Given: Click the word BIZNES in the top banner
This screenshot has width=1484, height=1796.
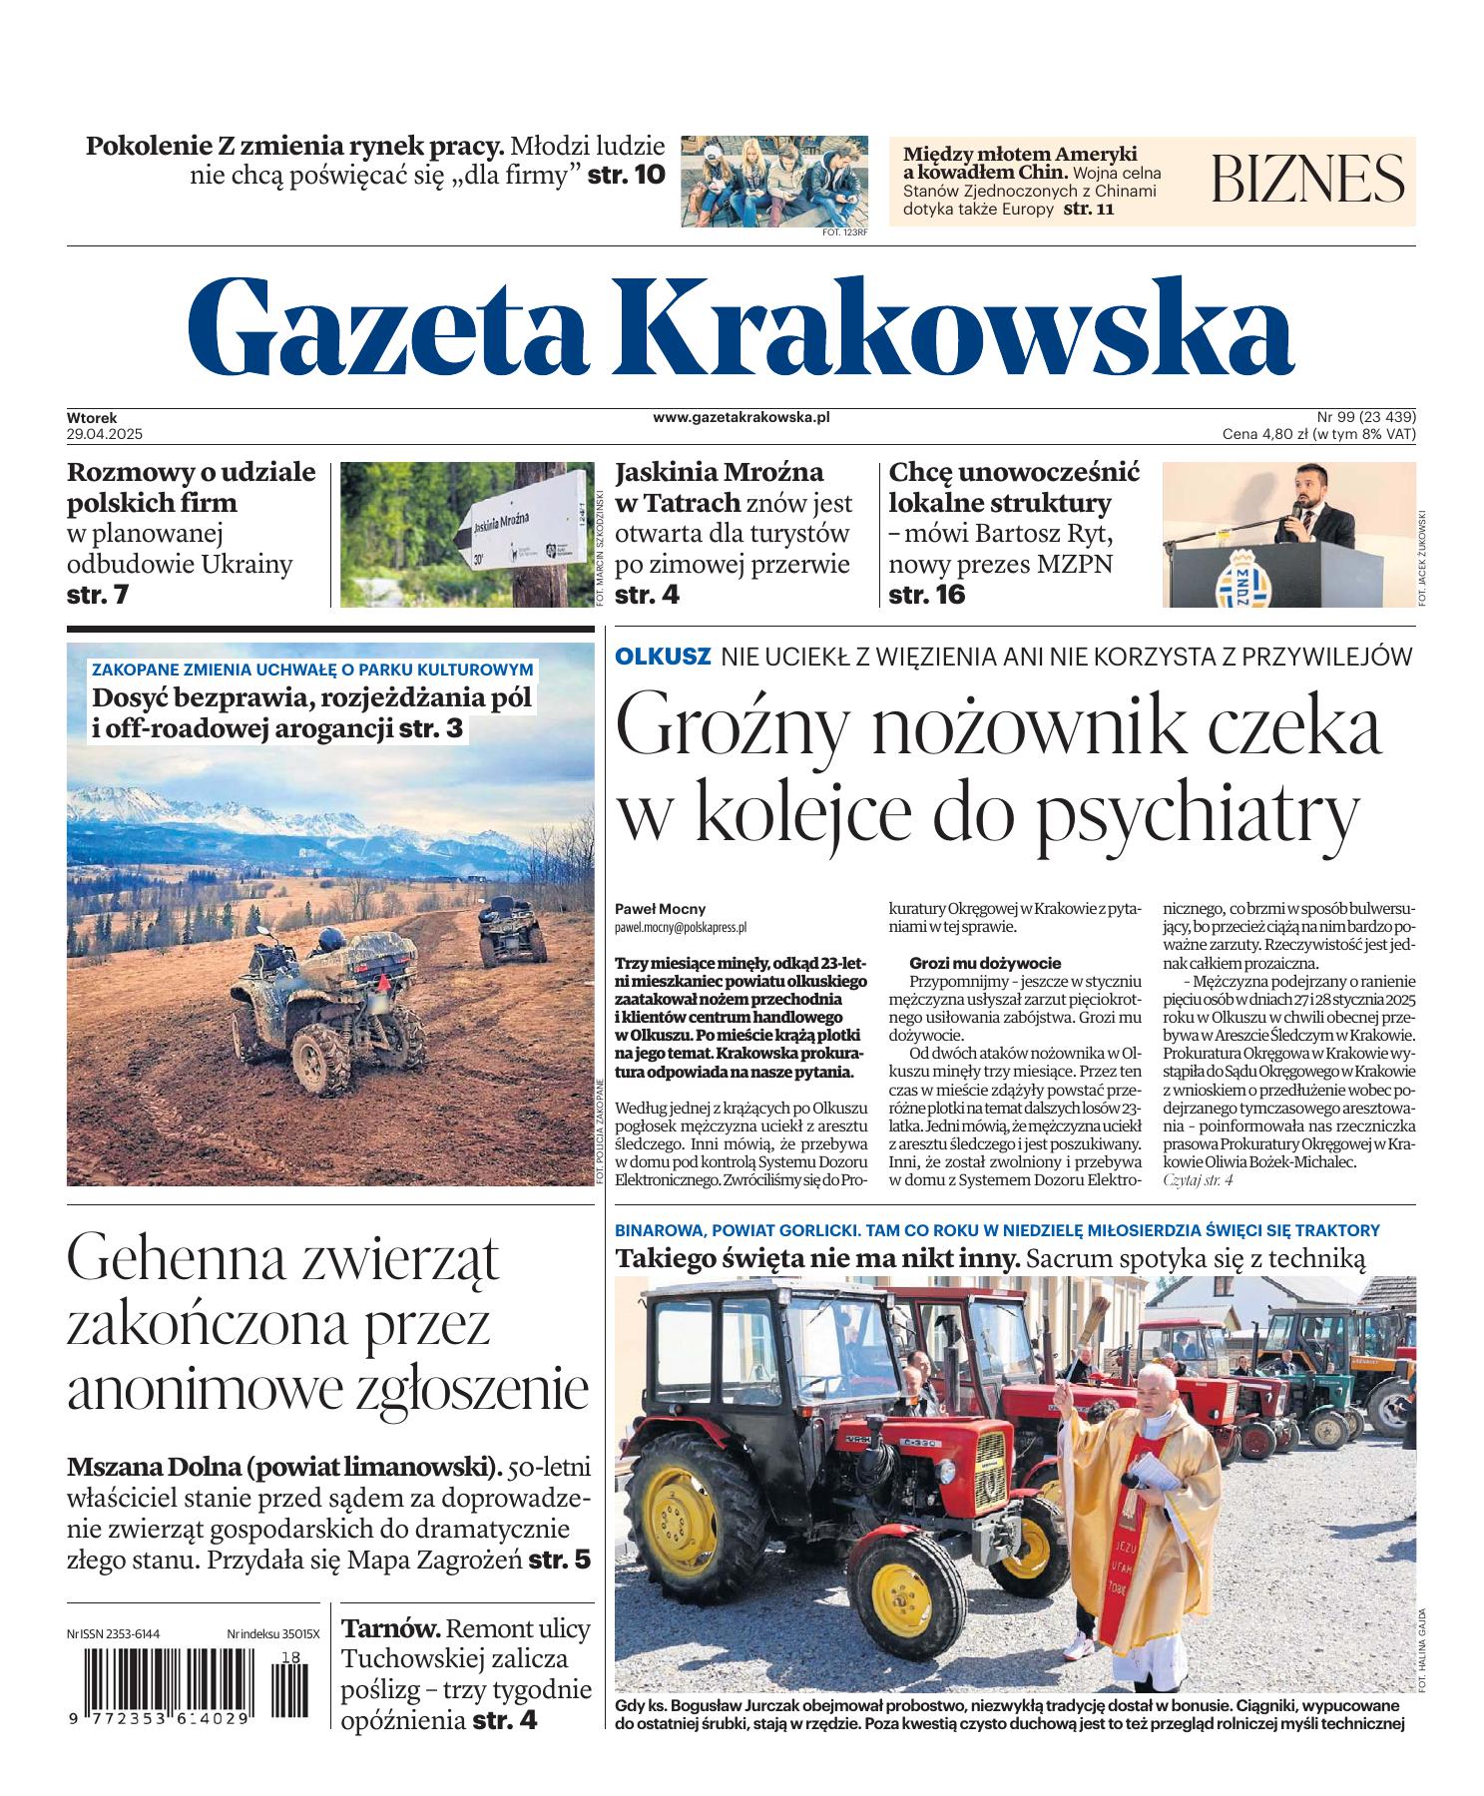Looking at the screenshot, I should pyautogui.click(x=1307, y=180).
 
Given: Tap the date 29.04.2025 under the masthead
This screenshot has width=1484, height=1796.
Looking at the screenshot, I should pyautogui.click(x=106, y=434).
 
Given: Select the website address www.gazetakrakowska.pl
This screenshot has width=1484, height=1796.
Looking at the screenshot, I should pyautogui.click(x=742, y=417).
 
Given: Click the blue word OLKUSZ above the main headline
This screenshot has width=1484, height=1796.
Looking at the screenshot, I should pyautogui.click(x=663, y=657).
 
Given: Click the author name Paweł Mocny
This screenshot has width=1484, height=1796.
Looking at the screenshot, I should pyautogui.click(x=661, y=909).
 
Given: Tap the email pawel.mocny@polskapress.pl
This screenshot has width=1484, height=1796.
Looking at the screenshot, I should pyautogui.click(x=681, y=927).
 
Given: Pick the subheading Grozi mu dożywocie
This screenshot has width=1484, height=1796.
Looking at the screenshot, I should pyautogui.click(x=984, y=963).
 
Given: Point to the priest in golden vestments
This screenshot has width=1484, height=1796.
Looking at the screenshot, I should pyautogui.click(x=1149, y=1487).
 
